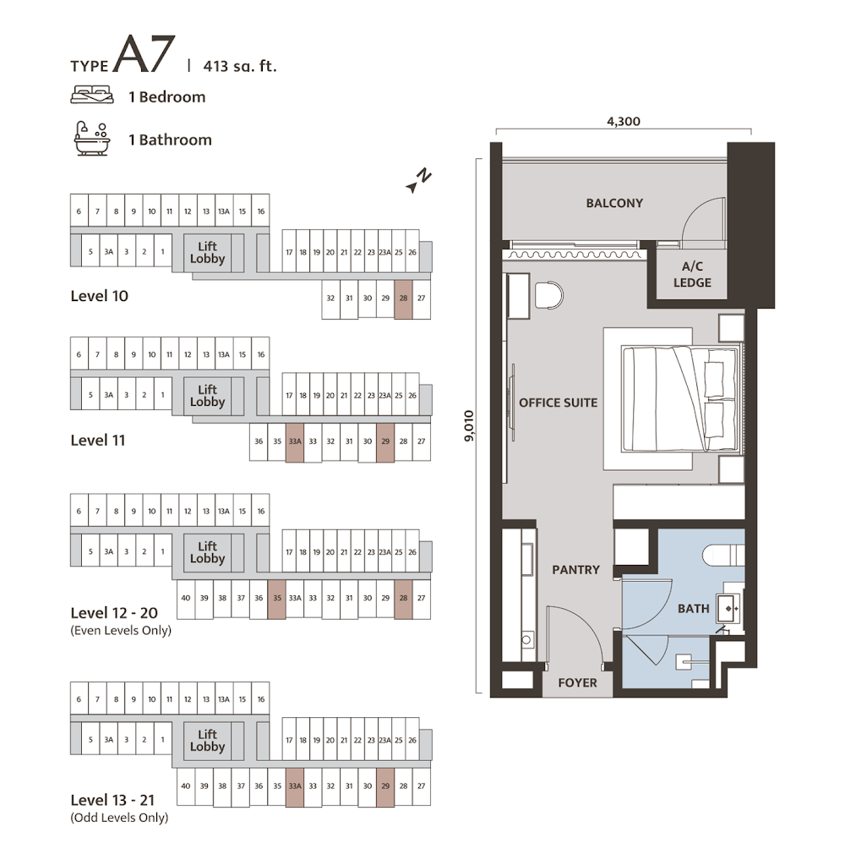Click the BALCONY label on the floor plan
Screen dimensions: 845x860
(614, 203)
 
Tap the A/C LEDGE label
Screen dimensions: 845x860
(692, 274)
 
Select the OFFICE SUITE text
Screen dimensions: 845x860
(558, 403)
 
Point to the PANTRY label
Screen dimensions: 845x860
(575, 570)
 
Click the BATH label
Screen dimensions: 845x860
(693, 608)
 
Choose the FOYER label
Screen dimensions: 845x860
(577, 683)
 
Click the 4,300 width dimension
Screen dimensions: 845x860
(623, 121)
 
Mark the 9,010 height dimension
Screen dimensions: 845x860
(468, 425)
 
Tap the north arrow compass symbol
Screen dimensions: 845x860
(418, 180)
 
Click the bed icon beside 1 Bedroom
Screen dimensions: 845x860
(92, 95)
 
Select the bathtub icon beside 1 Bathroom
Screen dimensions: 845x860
(92, 138)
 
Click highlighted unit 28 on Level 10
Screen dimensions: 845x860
(403, 299)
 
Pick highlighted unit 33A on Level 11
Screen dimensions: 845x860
(295, 442)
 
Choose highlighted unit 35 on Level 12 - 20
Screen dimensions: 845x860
(276, 599)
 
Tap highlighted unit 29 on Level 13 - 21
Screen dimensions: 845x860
(385, 787)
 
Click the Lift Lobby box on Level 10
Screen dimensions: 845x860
(207, 253)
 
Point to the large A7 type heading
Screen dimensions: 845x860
(144, 54)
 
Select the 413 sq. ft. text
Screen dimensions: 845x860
(239, 66)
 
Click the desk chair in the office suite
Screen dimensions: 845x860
(548, 295)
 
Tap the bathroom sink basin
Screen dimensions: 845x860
(728, 609)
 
